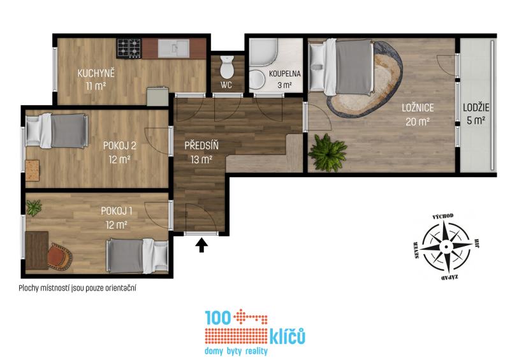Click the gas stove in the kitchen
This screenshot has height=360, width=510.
coord(129,48)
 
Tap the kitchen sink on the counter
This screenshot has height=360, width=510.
coord(173,48)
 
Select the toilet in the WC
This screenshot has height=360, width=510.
coord(227,67)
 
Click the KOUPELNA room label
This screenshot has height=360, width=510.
coord(284,74)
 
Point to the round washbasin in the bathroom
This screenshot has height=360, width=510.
coord(257,80)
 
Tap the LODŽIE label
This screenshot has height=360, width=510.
coord(476,108)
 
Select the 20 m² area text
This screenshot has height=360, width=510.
coord(418,122)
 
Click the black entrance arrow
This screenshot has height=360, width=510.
coord(201,245)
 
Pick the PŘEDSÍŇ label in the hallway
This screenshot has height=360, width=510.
coord(201,145)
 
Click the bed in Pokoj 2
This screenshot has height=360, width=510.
coord(57,131)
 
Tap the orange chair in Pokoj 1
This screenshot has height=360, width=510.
coord(60,256)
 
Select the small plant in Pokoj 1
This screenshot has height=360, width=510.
coord(34,208)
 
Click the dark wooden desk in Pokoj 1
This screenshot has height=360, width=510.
coord(37,250)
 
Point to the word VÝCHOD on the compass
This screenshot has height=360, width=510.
coord(442,217)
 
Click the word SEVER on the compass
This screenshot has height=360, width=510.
coord(416,250)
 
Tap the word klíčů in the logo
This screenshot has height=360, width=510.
coord(288,336)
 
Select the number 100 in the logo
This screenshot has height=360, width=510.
coord(218,318)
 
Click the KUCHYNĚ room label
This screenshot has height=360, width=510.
coord(96,73)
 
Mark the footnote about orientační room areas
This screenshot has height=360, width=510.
coord(77,288)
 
